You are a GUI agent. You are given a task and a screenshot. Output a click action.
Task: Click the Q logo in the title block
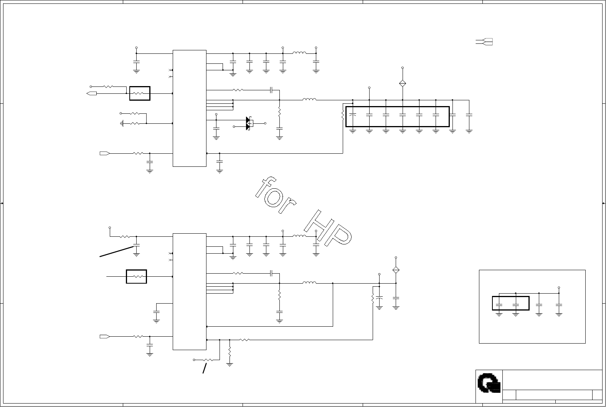(489, 383)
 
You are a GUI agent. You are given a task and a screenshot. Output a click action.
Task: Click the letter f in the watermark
(266, 186)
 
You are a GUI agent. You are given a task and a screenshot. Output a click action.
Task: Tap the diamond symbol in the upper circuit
(403, 83)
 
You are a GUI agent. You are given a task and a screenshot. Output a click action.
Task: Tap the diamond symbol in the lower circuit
(396, 270)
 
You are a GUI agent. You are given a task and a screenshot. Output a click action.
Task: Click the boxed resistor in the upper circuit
(140, 93)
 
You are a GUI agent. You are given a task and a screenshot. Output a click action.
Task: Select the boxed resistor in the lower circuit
(136, 277)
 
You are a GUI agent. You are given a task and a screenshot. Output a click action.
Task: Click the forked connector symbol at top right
(484, 42)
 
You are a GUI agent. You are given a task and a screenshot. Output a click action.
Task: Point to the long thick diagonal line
(117, 251)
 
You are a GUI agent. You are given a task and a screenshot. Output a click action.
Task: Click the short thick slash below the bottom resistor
(205, 368)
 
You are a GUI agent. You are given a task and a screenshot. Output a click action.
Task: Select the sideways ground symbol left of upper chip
(122, 124)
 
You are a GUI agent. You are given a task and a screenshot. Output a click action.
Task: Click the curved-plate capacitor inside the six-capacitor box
(352, 115)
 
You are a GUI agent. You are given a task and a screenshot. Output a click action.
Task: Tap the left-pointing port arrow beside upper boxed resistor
(91, 93)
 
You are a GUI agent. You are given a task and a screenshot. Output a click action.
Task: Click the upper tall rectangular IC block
(189, 108)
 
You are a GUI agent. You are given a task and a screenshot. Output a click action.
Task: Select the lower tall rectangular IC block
(189, 292)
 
